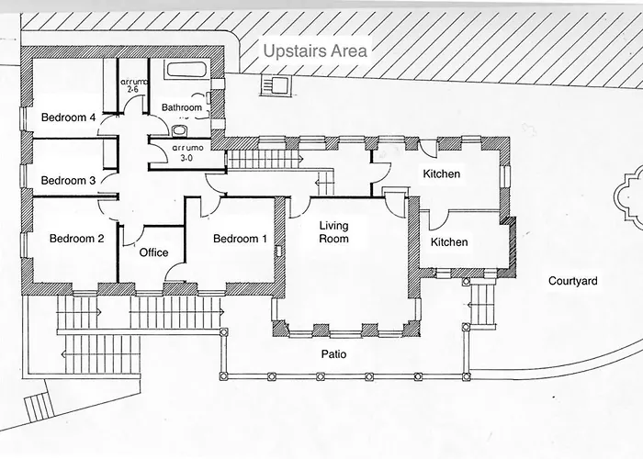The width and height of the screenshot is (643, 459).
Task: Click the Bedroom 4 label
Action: coord(69,118)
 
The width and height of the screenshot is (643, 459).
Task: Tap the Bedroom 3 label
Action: coord(69,180)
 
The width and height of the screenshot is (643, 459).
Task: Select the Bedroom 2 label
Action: coord(76,238)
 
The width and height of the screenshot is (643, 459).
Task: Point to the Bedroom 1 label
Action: coord(240,239)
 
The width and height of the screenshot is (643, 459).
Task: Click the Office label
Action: coord(153,252)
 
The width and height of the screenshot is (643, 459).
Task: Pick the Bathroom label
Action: coord(182,107)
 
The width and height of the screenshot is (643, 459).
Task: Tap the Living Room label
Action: coord(333,232)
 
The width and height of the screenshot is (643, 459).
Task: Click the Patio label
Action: coord(333,354)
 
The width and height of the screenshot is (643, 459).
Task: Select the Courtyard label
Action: coord(573,281)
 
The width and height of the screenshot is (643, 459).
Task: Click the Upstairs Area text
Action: coord(315,51)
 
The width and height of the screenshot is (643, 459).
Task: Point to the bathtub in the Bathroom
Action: coord(186,70)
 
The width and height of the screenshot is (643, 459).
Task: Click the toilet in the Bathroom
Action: coord(178,130)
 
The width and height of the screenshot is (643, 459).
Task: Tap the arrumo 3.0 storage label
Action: coord(187,152)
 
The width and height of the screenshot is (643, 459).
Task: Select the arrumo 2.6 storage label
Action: coord(133,85)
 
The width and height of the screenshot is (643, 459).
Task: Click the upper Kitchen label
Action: coord(442,174)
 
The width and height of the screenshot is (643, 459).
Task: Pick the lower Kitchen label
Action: coord(449,241)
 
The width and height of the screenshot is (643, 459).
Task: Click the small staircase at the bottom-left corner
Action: coord(38,407)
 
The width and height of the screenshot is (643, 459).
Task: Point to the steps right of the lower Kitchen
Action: coord(483,305)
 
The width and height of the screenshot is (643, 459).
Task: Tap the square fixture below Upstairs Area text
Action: coord(276,85)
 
